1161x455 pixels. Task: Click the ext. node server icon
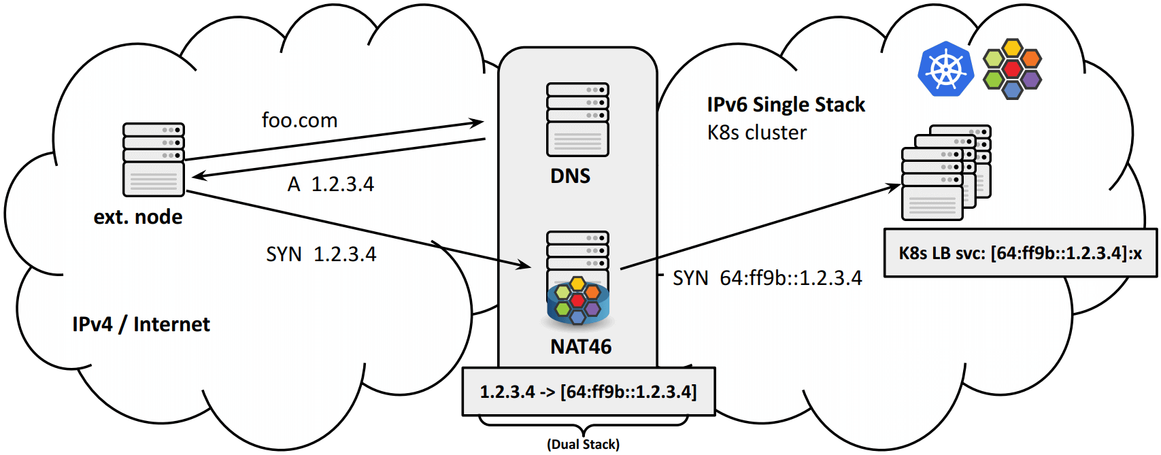[154, 159]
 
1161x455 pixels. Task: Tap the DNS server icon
[577, 120]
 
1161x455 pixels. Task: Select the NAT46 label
[581, 347]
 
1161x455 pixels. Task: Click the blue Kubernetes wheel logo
[945, 69]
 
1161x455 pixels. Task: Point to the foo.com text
[299, 120]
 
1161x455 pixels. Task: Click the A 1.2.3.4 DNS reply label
[331, 184]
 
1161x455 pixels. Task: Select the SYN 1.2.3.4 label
[321, 254]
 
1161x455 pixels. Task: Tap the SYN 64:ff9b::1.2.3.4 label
[767, 278]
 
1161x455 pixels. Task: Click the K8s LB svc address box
[1020, 253]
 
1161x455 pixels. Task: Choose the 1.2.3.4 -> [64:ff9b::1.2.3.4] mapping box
[588, 392]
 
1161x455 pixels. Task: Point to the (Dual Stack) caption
[583, 444]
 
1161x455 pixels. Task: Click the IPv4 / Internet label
[141, 324]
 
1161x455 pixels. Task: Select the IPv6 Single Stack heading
[786, 105]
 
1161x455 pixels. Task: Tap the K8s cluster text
[756, 133]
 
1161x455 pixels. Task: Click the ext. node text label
[138, 217]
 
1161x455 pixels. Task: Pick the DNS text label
[570, 176]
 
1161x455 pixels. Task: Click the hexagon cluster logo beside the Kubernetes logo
[1012, 69]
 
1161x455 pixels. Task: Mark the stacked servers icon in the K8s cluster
[945, 173]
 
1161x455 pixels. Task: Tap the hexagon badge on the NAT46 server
[577, 300]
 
